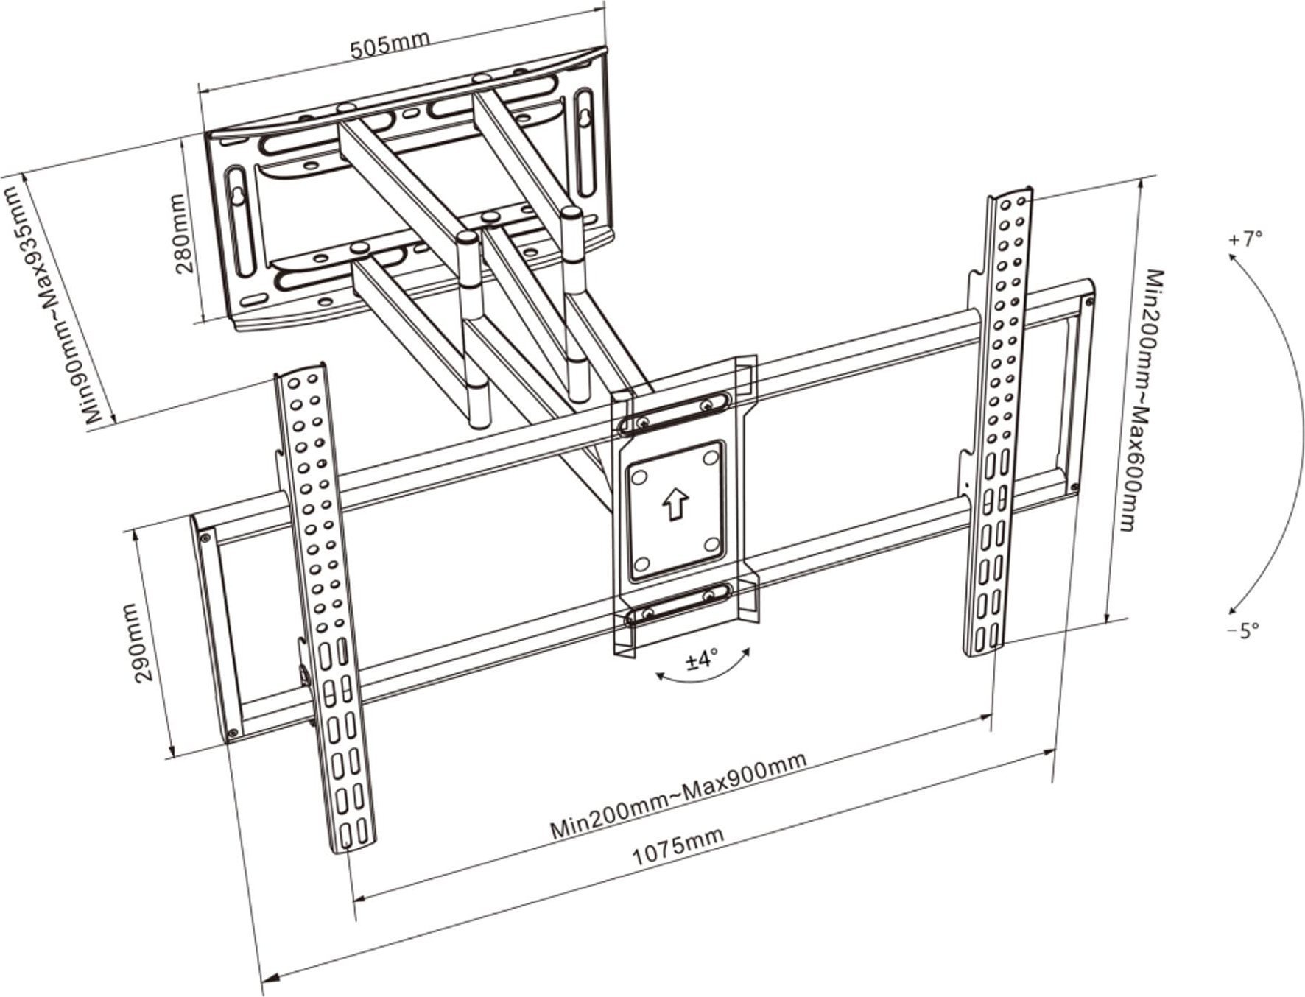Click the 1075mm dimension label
point(678,845)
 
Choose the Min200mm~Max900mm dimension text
point(678,797)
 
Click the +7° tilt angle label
point(1245,239)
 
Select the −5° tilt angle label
point(1242,630)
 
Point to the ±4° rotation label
point(702,660)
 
